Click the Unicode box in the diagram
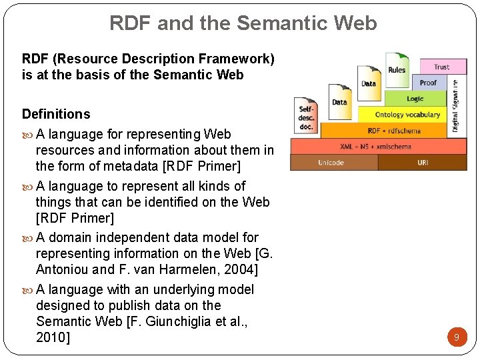[331, 163]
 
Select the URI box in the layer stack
[423, 163]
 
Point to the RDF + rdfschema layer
[394, 130]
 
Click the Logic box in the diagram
[415, 99]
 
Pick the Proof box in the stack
[428, 83]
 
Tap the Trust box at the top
[441, 67]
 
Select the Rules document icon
[396, 69]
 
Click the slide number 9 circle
[456, 337]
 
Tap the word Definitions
[56, 114]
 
